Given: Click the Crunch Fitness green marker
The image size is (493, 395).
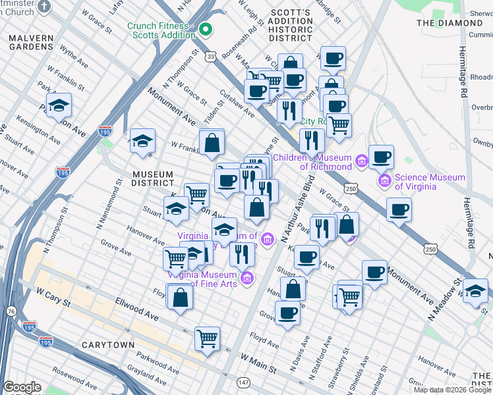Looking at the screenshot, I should point(206,29).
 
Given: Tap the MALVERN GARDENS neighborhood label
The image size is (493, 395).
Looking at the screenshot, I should point(31,43).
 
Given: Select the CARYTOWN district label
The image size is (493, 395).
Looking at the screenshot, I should point(107,345).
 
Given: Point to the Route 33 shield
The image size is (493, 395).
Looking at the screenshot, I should point(210,57).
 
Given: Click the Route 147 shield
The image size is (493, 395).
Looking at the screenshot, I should point(244,382).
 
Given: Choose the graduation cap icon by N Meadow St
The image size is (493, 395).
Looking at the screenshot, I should point(475,290).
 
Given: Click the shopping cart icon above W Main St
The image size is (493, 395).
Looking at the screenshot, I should point(207,338).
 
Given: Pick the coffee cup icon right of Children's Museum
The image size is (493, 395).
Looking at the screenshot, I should point(381,157).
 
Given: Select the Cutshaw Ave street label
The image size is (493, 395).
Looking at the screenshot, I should point(237,103).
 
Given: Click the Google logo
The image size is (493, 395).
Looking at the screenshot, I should point(22,387).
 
